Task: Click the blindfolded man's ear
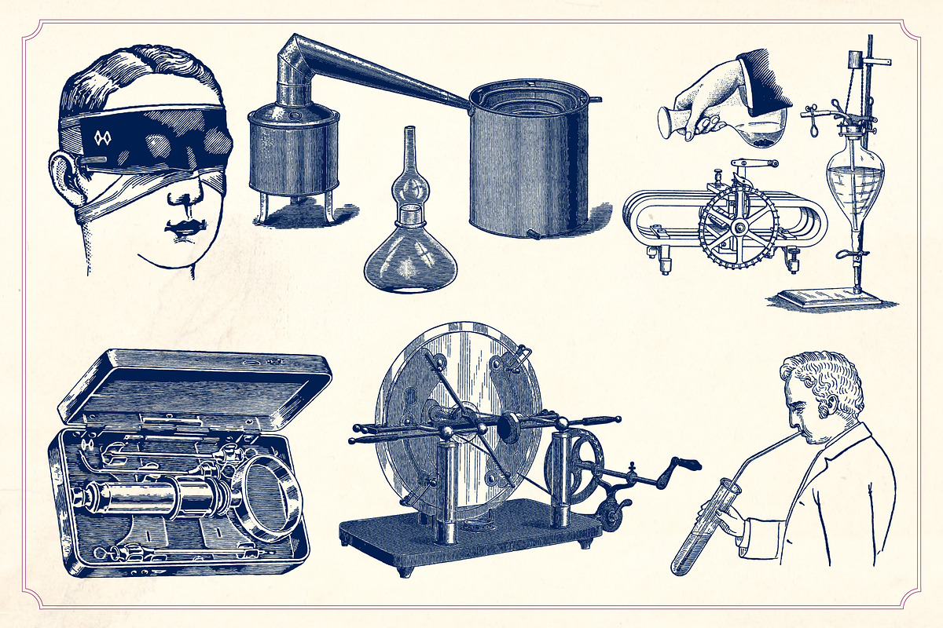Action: [63, 177]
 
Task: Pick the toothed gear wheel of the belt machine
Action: [738, 228]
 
